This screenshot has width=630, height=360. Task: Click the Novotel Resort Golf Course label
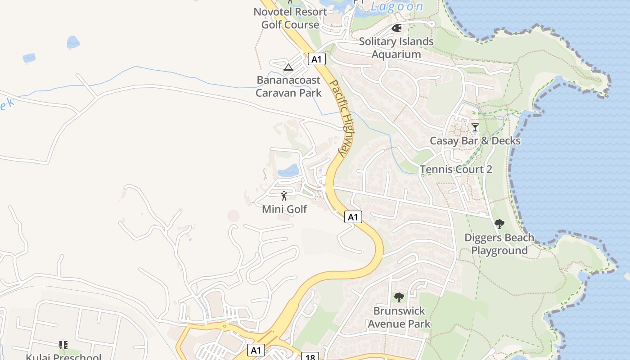(x=290, y=18)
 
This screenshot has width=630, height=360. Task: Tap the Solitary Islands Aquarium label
(x=396, y=48)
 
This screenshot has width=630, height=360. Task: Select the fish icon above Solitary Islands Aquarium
(x=396, y=28)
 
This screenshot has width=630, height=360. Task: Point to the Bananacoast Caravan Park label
(x=288, y=86)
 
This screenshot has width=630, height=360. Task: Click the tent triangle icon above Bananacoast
(x=288, y=67)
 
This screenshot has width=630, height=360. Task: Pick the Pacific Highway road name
(x=341, y=118)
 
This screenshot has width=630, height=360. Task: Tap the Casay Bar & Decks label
(x=475, y=141)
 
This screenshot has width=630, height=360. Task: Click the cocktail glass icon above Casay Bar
(x=475, y=127)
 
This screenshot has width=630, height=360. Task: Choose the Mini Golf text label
(x=284, y=209)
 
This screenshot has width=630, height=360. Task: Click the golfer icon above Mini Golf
(x=284, y=196)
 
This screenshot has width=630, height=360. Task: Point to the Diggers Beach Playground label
(x=499, y=244)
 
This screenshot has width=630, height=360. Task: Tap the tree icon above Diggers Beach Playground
(x=499, y=224)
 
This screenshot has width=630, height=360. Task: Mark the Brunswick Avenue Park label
(x=399, y=317)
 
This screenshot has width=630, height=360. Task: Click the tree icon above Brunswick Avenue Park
(x=399, y=297)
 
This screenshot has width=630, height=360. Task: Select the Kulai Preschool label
(x=63, y=357)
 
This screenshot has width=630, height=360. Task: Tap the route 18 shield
(x=310, y=356)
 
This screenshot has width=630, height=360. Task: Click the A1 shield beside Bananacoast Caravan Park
(x=317, y=59)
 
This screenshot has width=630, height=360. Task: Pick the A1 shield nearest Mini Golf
(x=353, y=217)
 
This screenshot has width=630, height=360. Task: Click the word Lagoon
(x=397, y=6)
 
